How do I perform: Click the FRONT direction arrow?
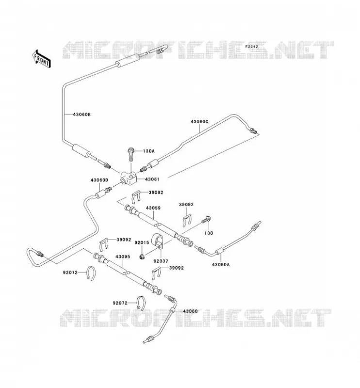tap(42, 58)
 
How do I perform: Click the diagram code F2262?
tap(251, 47)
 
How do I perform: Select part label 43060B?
tap(82, 114)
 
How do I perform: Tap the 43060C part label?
tap(199, 122)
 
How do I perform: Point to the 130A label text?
tap(148, 151)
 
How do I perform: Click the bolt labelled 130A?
tap(131, 154)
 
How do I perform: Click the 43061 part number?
tap(152, 179)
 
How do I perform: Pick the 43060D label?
tap(99, 180)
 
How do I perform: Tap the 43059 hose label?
tap(153, 208)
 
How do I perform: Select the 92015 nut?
tap(142, 257)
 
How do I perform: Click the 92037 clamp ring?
tap(157, 241)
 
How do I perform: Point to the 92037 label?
tap(161, 261)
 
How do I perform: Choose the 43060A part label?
tap(221, 264)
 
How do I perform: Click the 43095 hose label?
tap(123, 257)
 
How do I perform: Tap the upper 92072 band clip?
tap(91, 274)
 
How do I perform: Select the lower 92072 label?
tap(120, 303)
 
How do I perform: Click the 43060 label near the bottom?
tap(190, 311)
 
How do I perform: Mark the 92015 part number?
tap(142, 242)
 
